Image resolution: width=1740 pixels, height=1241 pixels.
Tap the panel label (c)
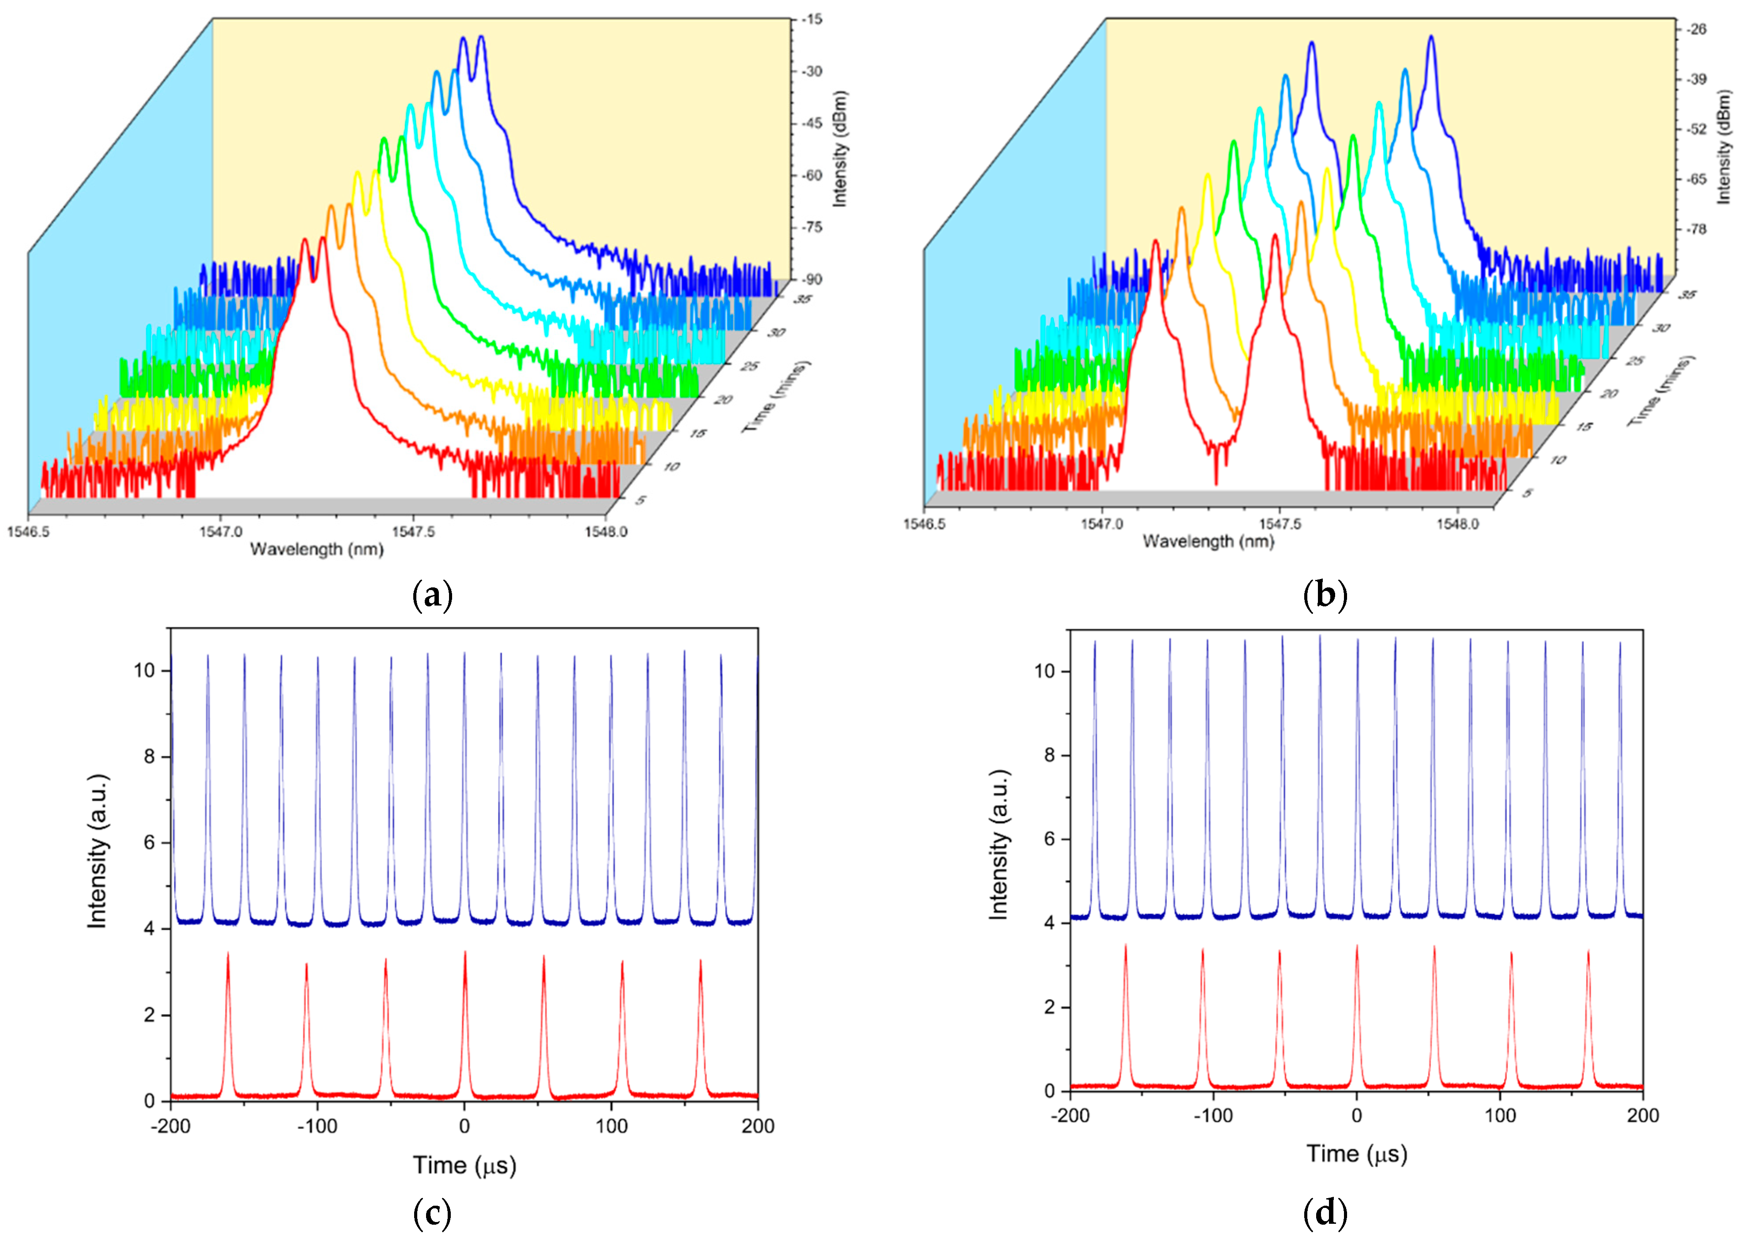click(433, 1214)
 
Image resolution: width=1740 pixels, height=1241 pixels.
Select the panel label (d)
click(1325, 1214)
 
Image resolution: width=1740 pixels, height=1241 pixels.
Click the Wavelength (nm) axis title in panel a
click(317, 549)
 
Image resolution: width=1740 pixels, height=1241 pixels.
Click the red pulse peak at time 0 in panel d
click(1357, 946)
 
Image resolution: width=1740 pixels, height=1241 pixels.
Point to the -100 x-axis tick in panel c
click(317, 1126)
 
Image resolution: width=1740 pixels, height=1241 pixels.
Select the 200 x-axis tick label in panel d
click(1643, 1116)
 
